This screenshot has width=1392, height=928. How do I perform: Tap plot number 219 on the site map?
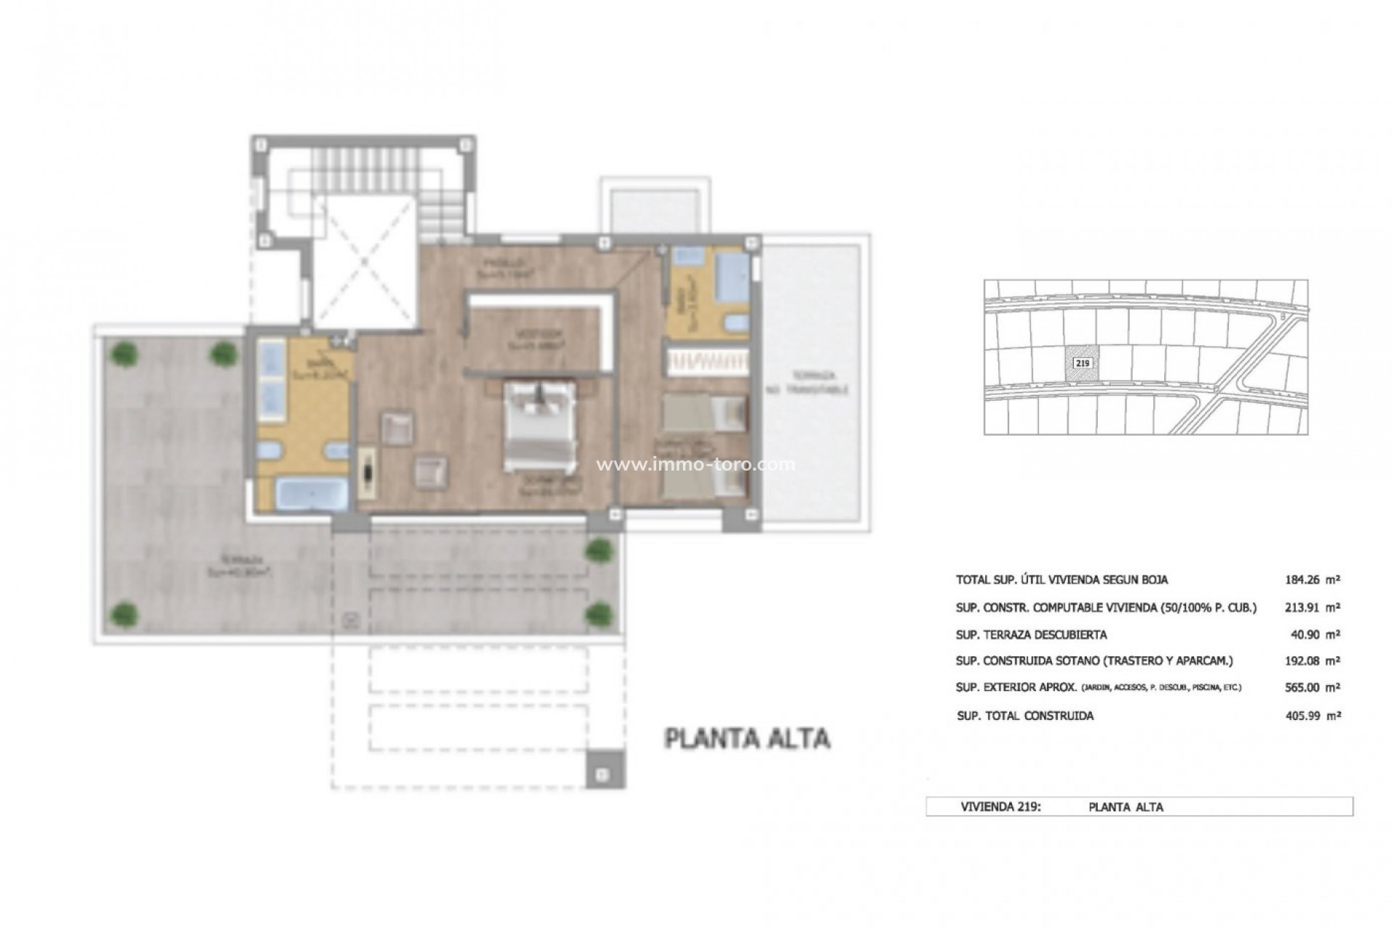point(1080,363)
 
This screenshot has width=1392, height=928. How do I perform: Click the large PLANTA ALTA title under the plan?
point(747,738)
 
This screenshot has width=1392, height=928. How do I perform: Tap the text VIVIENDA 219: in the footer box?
point(1000,807)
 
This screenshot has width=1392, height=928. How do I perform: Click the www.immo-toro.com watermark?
point(695,464)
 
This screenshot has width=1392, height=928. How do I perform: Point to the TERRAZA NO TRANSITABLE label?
point(808,384)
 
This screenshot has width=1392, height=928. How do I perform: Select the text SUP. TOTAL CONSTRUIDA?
point(1025,716)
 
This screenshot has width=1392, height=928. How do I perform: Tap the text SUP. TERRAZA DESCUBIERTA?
point(1031,634)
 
